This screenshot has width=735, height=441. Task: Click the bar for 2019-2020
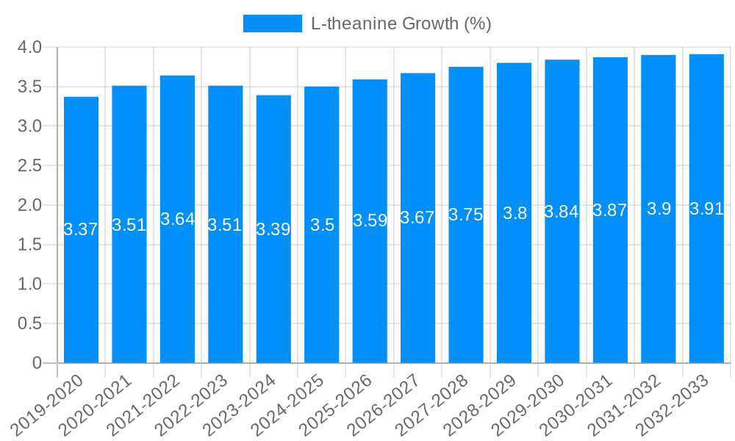point(81,294)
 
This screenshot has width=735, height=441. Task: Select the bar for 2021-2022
point(177,294)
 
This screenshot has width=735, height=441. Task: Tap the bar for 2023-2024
point(273,294)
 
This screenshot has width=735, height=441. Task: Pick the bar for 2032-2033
point(706,294)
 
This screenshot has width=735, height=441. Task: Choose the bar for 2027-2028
point(466,294)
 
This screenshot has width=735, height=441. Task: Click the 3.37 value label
point(81,229)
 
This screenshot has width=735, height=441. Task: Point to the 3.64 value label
point(177,219)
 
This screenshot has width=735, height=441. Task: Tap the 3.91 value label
point(706,209)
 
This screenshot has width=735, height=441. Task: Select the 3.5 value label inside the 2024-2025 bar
point(322,225)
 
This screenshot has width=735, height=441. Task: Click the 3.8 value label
point(514,213)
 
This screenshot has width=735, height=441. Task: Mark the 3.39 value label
point(273,229)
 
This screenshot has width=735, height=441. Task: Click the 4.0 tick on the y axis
point(29,48)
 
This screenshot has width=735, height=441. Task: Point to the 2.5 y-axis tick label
point(29,166)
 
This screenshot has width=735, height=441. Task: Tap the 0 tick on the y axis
point(37,363)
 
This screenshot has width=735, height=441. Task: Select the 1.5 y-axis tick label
point(29,245)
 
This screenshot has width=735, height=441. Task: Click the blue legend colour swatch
point(272,24)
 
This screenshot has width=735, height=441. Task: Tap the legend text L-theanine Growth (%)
point(401,24)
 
